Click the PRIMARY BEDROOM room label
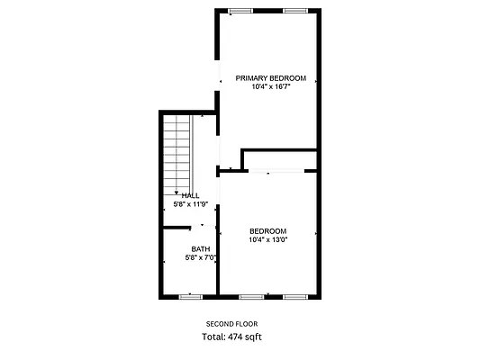point(270,78)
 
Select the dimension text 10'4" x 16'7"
point(271,87)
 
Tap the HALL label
point(190,196)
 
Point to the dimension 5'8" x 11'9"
point(191,204)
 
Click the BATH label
point(201,249)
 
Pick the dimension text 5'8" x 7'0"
point(201,257)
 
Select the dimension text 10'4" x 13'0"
point(268,239)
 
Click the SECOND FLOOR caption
point(231,324)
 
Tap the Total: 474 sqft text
point(231,337)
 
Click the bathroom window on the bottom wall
point(190,297)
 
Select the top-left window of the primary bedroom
point(241,11)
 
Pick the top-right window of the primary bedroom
point(295,11)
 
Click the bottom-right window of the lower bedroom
point(295,297)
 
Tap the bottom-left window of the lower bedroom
point(251,297)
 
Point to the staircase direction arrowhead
point(177,193)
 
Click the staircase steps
point(177,155)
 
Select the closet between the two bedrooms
point(280,160)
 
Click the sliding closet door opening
point(276,171)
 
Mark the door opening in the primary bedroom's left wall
point(217,76)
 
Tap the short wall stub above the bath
point(177,228)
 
